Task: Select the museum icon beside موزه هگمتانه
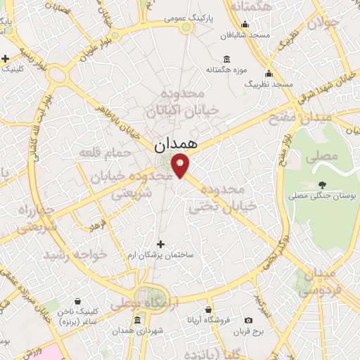(x=226, y=60)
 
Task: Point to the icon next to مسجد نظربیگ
(x=267, y=74)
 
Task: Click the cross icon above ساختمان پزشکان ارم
(x=161, y=244)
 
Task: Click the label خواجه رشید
(x=75, y=255)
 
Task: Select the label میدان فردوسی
(x=324, y=281)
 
